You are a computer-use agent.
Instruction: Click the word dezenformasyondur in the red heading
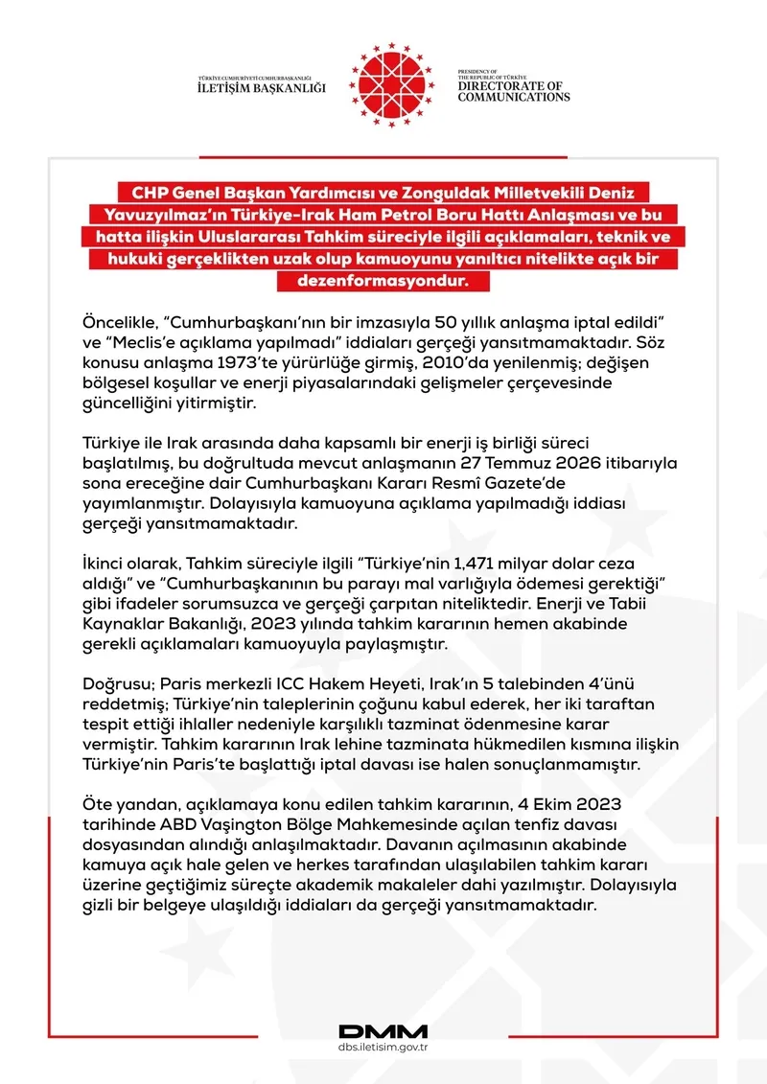(383, 282)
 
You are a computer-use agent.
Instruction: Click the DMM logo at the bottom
(383, 1031)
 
